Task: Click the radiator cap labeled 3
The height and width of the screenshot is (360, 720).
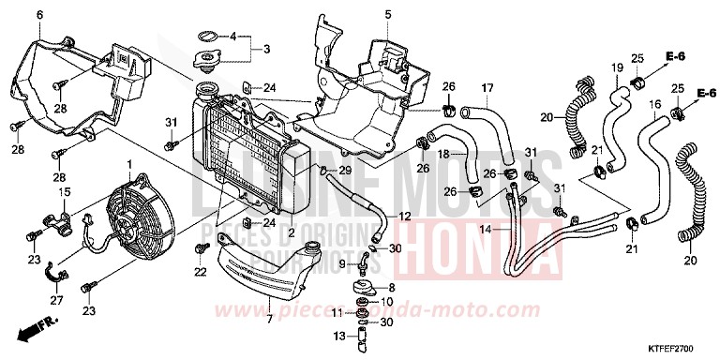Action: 203,61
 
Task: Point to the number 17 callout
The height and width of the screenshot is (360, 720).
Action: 487,89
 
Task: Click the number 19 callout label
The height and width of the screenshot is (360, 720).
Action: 617,67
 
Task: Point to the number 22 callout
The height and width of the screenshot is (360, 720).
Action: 199,272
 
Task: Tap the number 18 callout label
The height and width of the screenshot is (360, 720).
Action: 445,152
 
